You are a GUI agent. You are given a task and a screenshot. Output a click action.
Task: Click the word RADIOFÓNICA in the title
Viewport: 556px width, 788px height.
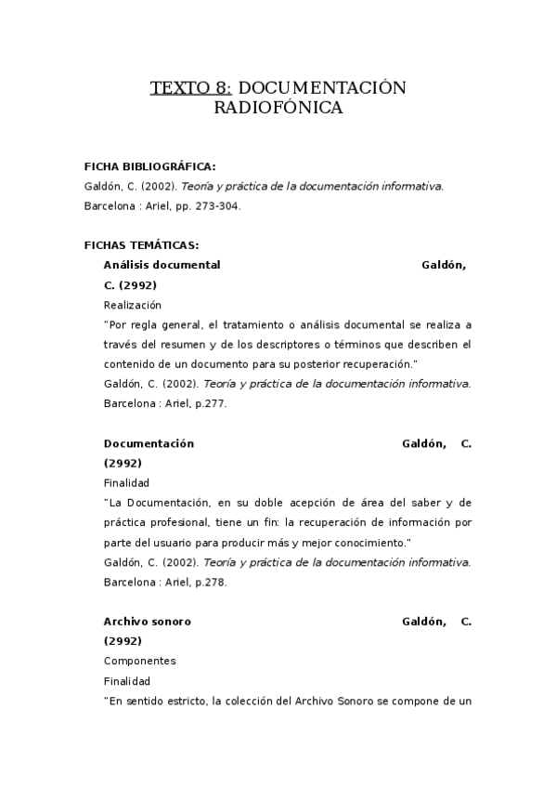(278, 109)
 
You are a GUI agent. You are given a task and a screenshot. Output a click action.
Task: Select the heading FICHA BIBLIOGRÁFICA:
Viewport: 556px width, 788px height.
(149, 166)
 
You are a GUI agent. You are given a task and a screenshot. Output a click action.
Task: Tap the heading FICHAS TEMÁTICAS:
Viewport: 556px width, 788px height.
(141, 245)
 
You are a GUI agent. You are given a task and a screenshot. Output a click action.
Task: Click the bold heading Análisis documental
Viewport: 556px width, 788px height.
(162, 265)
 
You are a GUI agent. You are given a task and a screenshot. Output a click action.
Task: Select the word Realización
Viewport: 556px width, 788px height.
(132, 305)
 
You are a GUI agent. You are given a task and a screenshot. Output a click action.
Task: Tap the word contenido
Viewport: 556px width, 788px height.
(129, 363)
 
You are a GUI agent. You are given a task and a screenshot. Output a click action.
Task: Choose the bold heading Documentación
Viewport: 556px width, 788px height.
(149, 443)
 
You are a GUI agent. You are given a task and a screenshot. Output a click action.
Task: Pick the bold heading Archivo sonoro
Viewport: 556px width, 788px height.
(147, 622)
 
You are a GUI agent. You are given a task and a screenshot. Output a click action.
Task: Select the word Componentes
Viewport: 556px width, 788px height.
(139, 662)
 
